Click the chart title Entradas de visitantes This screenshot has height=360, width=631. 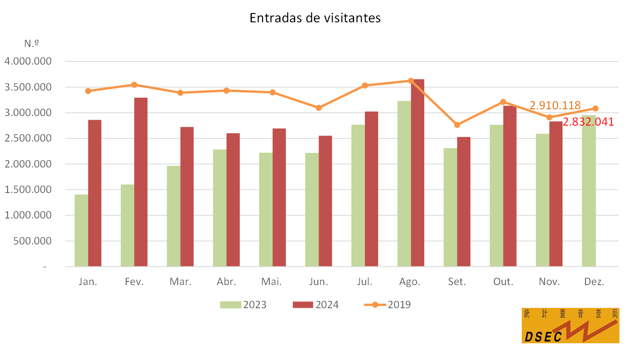pos(315,18)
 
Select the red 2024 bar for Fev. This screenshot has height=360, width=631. pos(141,182)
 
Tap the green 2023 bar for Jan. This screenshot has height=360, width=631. pos(81,230)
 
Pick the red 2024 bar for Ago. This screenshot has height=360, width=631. pos(417,173)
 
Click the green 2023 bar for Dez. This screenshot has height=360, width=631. pos(589,191)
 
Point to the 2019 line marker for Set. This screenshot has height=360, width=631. pos(457,125)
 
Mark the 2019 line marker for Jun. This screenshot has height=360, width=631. pos(319,108)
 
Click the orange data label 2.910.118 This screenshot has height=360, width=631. pos(555,105)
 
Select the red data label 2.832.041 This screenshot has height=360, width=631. pos(588,122)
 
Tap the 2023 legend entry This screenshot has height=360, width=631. pos(243,305)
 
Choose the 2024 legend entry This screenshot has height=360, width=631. pos(315,305)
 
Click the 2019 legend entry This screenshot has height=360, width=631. pos(387,305)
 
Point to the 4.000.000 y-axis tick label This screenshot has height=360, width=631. pos(28,61)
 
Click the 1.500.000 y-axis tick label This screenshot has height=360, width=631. pos(28,189)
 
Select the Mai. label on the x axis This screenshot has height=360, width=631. pos(271,281)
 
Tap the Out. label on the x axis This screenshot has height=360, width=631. pos(503,281)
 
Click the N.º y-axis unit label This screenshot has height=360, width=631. pos(31,43)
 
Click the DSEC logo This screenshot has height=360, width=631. pos(570,325)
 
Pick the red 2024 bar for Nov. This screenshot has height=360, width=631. pos(556,194)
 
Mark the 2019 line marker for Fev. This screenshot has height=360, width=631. pos(134,85)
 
